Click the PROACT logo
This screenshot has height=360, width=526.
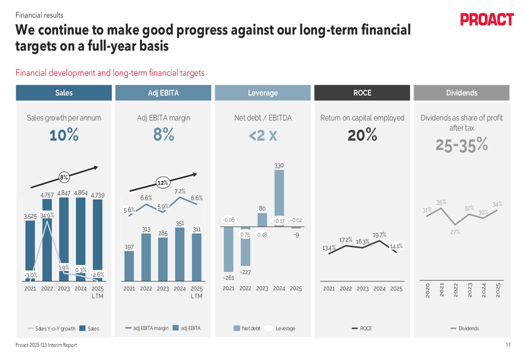tap(487, 20)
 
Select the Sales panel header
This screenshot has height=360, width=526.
tap(64, 93)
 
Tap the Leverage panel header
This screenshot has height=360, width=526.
tap(262, 93)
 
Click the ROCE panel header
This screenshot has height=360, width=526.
tap(362, 93)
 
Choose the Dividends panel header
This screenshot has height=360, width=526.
tap(461, 93)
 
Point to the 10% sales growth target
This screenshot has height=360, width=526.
tap(64, 136)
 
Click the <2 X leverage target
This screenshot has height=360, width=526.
tap(262, 136)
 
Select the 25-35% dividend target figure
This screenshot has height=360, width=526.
tap(461, 145)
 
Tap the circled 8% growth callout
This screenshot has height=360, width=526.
tap(64, 177)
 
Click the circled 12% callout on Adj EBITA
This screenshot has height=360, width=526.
tap(163, 183)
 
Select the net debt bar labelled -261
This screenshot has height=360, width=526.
tap(229, 249)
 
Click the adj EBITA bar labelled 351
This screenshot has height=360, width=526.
tap(180, 254)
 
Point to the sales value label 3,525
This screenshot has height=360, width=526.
tap(31, 216)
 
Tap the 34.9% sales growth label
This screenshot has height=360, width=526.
tap(47, 215)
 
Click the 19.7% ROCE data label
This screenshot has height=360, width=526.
tap(379, 235)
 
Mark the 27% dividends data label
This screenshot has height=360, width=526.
tap(455, 232)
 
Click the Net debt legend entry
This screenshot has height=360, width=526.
tap(247, 328)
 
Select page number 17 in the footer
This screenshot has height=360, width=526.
tap(508, 345)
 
